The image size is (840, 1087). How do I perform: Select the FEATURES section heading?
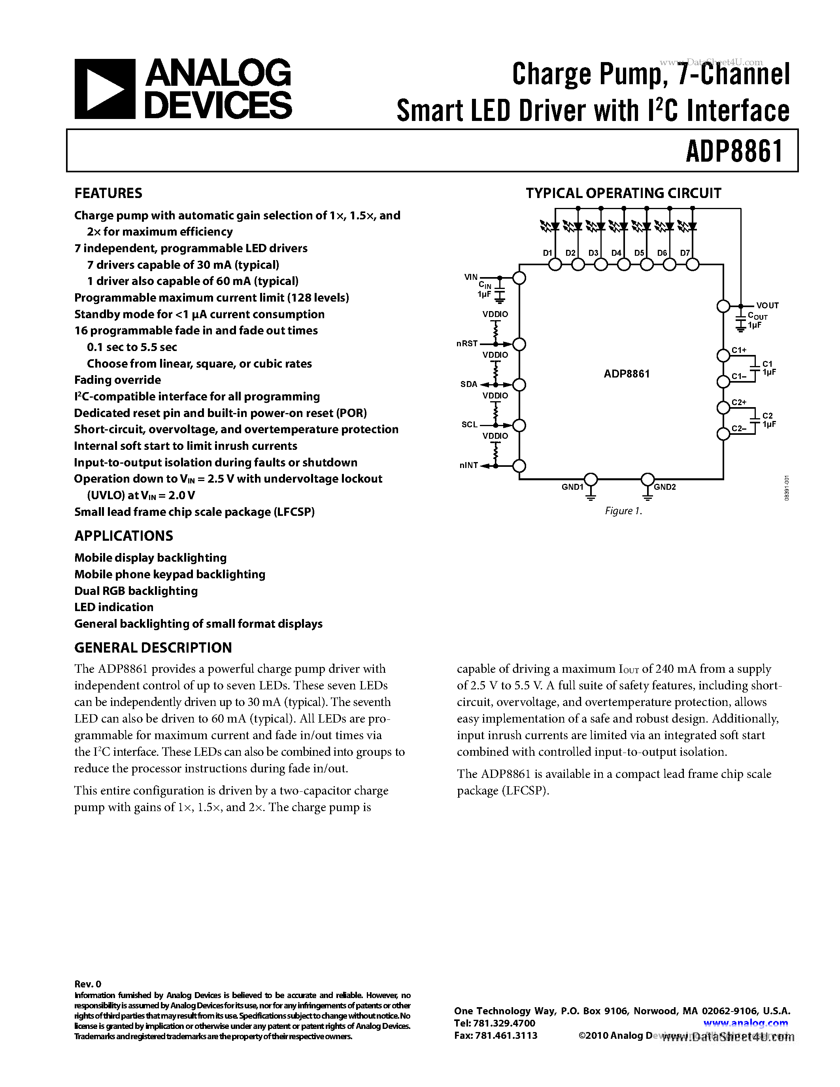tap(108, 193)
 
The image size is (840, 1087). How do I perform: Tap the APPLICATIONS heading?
tap(123, 536)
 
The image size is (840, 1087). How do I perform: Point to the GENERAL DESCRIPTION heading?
tap(153, 647)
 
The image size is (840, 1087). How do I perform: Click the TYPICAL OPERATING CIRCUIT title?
tap(623, 193)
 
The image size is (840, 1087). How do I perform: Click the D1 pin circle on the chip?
tap(555, 265)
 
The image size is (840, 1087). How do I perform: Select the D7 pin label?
tap(685, 253)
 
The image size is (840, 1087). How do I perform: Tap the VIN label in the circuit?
tap(471, 277)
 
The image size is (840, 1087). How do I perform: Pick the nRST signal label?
tap(467, 343)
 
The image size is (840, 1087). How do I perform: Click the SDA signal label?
tap(468, 384)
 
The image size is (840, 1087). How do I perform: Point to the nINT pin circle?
tap(519, 466)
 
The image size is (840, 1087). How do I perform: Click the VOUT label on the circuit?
tap(767, 306)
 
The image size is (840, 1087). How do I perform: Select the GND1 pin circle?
tap(591, 479)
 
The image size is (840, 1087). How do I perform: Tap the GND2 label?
tap(665, 487)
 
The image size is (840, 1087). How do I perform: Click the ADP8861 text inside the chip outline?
tap(627, 374)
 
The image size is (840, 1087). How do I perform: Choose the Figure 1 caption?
tap(623, 511)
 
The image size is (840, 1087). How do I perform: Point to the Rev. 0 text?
tap(88, 983)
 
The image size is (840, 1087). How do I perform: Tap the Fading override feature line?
tap(117, 380)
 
